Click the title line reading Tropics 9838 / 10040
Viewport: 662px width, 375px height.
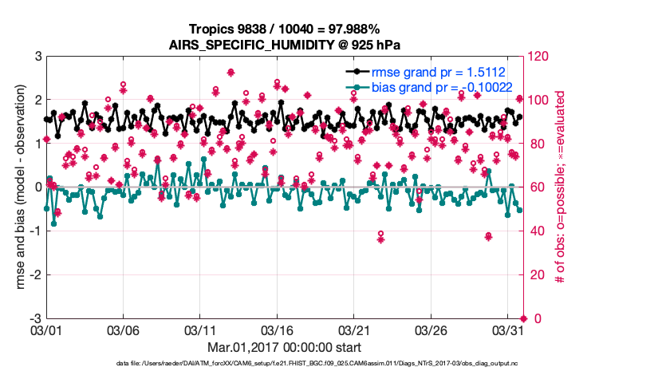285,29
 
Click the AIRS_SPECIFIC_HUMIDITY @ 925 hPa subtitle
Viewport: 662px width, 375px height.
285,44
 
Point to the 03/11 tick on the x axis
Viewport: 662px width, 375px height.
201,330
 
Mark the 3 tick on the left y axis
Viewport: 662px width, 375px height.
37,57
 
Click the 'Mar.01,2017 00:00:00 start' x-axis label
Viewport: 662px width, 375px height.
285,347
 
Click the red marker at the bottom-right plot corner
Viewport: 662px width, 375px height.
523,318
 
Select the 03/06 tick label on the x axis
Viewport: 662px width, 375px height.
124,330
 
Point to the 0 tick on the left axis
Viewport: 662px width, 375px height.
37,187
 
